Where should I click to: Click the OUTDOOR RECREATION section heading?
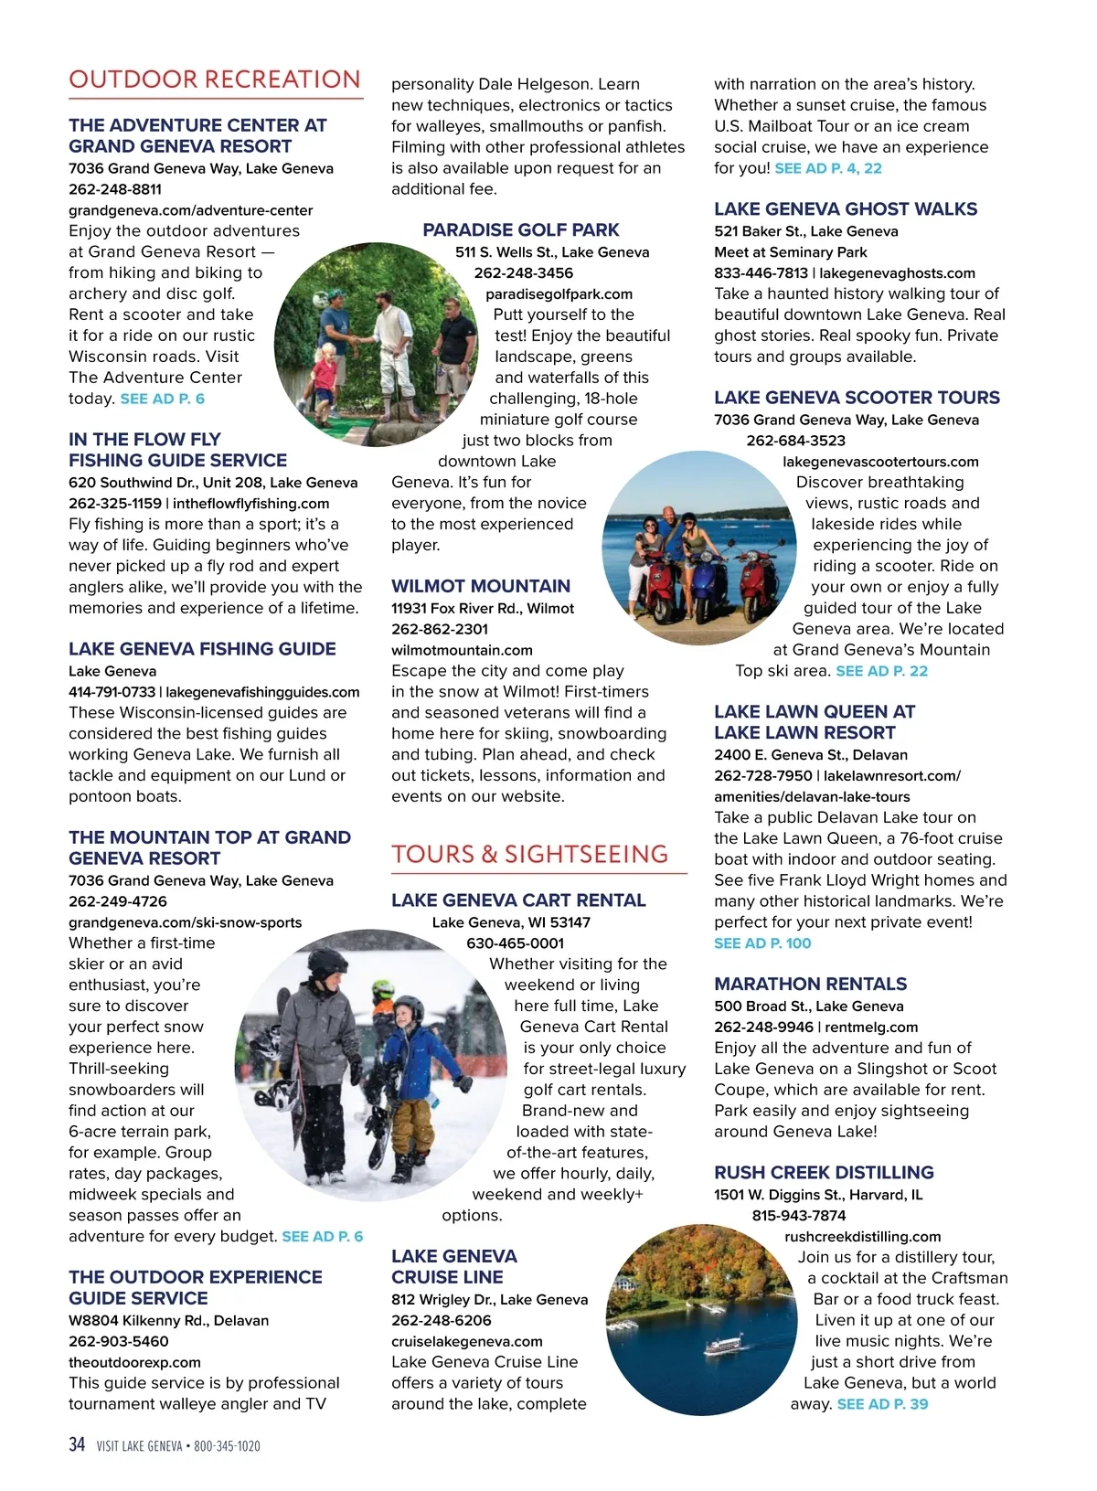(x=215, y=80)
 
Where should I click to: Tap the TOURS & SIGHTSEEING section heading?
(x=529, y=854)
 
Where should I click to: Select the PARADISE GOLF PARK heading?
(x=520, y=229)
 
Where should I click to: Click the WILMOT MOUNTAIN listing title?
(x=480, y=586)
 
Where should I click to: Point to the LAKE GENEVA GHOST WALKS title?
(x=846, y=208)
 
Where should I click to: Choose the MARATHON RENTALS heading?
(x=810, y=984)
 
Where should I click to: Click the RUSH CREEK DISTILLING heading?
(x=824, y=1172)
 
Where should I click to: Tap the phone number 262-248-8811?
(x=115, y=189)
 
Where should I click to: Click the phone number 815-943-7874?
(x=798, y=1215)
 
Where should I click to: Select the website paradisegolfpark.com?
(x=559, y=293)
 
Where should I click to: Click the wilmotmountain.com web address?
(x=462, y=650)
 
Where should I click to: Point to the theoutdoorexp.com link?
(x=134, y=1362)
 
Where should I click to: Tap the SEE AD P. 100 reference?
(x=762, y=943)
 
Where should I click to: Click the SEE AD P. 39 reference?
(x=882, y=1404)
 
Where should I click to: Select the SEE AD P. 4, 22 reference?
(x=828, y=168)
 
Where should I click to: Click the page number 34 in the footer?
(x=77, y=1444)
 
